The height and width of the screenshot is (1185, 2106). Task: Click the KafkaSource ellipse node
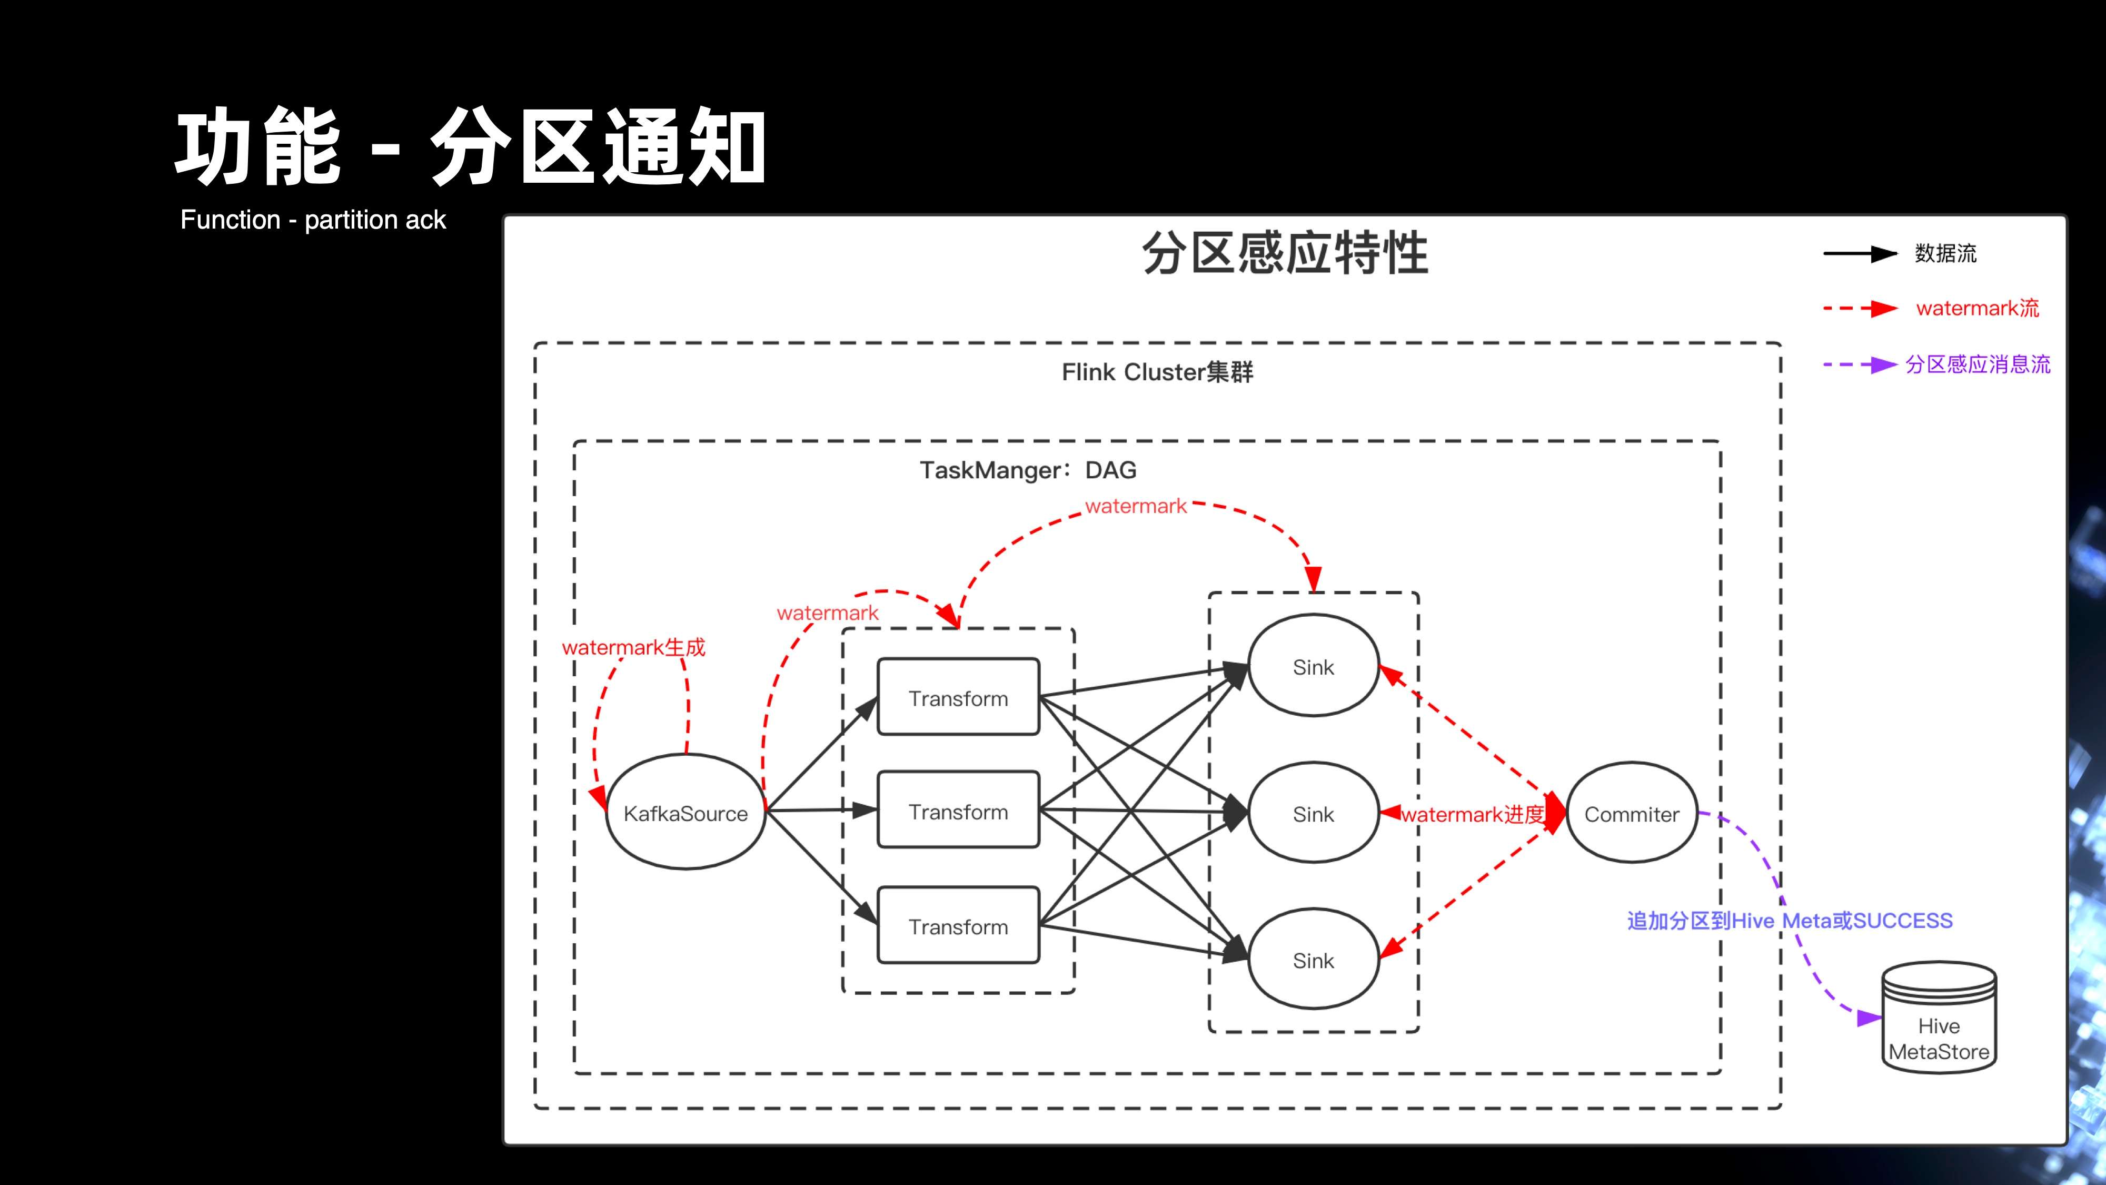pos(685,812)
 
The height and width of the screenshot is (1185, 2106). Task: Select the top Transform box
pos(958,698)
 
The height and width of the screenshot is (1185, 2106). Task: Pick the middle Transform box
pos(958,811)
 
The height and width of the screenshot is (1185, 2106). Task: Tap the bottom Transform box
pos(958,926)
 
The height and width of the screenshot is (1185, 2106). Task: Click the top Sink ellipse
pos(1313,667)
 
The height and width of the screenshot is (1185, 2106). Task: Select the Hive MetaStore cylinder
pos(1939,1018)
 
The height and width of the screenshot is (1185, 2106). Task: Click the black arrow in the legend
pos(1860,253)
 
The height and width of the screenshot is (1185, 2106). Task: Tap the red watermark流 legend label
pos(1977,308)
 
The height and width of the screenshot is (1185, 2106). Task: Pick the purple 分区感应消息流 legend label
pos(1978,364)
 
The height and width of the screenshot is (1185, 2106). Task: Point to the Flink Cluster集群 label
pos(1157,372)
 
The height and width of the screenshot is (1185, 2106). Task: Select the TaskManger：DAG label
pos(1028,470)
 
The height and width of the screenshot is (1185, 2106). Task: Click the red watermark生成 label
pos(633,647)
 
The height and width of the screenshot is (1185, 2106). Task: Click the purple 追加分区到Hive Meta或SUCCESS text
pos(1789,921)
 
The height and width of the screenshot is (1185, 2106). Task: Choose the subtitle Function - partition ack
pos(313,220)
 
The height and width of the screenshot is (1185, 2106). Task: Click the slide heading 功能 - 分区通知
pos(470,148)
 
